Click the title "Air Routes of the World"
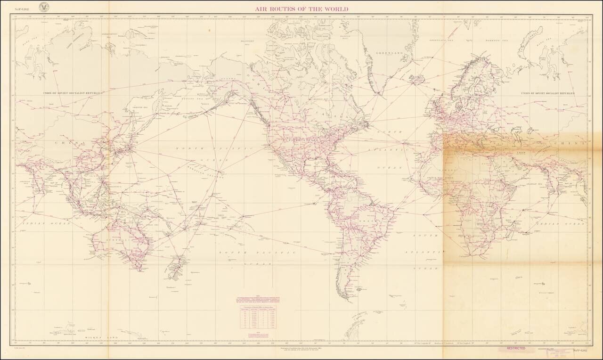coord(301,9)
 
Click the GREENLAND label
coord(389,54)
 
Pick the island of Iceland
coord(417,81)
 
